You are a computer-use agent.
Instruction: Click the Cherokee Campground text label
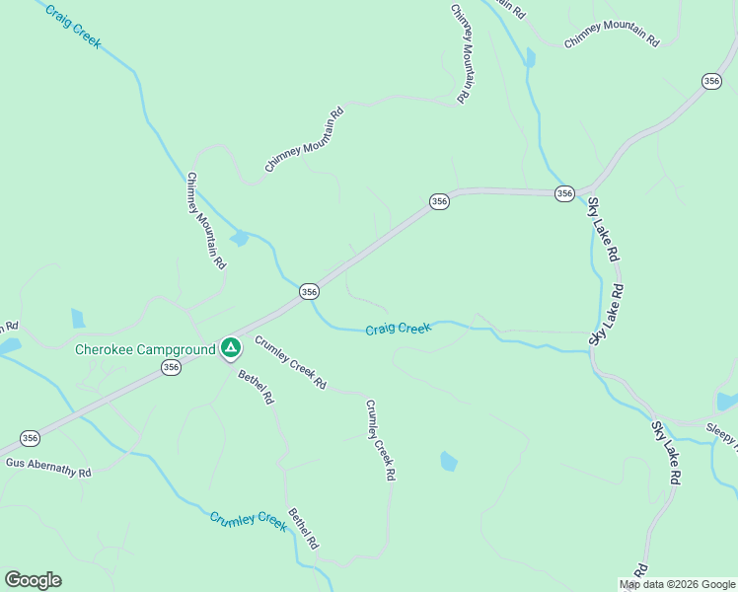[145, 349]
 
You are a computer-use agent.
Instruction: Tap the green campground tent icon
[230, 347]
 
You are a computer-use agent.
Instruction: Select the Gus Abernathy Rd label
[48, 467]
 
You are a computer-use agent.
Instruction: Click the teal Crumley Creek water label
[248, 520]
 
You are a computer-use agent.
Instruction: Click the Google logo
[33, 579]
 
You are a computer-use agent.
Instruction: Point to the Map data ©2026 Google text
[678, 584]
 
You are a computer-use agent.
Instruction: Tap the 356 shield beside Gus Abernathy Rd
[30, 438]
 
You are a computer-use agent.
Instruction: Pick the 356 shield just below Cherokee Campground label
[171, 367]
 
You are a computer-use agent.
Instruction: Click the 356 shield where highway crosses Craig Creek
[309, 291]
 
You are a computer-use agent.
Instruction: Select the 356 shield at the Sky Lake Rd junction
[563, 193]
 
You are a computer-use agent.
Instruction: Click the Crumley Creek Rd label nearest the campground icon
[290, 362]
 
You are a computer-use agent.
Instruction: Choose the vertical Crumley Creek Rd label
[380, 439]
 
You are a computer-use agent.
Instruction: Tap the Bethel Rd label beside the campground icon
[256, 387]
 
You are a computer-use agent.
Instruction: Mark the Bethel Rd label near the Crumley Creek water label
[303, 528]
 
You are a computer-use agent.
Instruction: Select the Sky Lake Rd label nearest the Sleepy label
[665, 452]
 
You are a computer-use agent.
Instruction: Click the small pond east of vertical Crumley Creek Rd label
[449, 461]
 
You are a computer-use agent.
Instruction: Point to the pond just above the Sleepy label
[727, 401]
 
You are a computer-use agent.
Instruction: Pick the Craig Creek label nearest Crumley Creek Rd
[398, 328]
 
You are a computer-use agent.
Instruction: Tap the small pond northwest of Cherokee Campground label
[78, 318]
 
